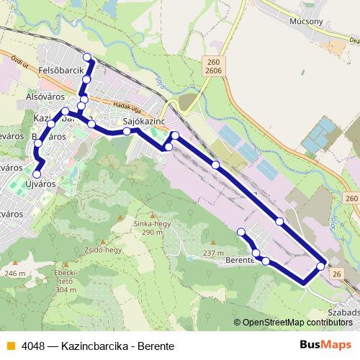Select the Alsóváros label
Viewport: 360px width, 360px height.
(x=45, y=96)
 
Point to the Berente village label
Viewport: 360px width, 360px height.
(x=240, y=260)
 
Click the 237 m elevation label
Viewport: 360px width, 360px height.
(x=213, y=253)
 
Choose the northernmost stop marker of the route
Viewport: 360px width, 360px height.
(x=87, y=58)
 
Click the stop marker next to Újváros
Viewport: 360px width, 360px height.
(x=37, y=173)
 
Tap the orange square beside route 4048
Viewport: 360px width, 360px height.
(x=11, y=346)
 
